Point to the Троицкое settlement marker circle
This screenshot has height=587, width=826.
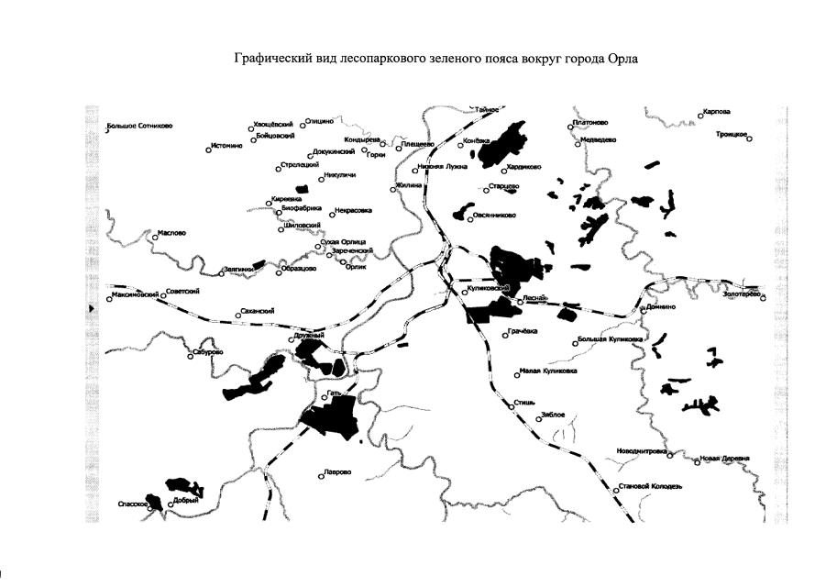point(749,139)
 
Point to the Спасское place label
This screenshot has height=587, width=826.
point(133,504)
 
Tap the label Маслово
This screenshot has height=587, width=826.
point(171,233)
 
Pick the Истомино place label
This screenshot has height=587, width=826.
point(226,146)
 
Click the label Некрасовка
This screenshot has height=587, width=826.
point(354,210)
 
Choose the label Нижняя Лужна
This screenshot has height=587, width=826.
point(442,168)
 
